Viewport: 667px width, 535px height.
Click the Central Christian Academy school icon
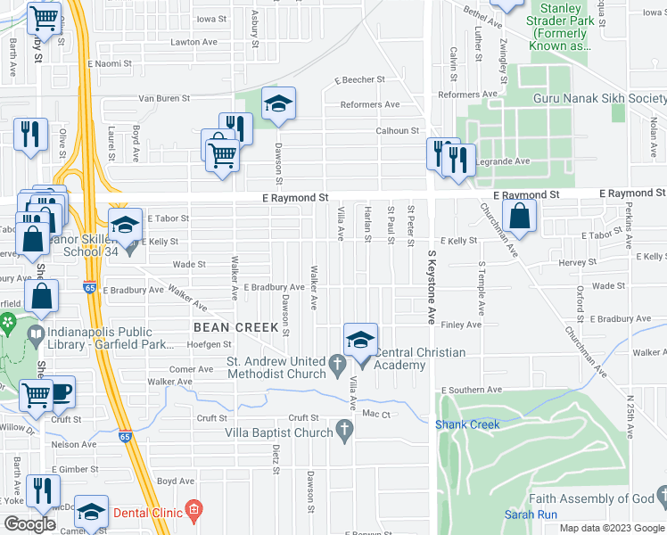360,341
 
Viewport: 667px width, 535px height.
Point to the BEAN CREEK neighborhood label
237,327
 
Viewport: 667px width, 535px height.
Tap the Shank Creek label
467,424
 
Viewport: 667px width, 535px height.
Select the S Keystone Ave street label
431,285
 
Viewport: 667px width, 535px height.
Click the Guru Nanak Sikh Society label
599,98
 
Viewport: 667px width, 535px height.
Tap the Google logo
29,524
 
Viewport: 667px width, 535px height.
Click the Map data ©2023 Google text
612,528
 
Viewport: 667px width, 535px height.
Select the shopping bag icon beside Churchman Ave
518,217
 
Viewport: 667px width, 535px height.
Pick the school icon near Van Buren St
278,106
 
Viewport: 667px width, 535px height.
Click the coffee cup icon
60,392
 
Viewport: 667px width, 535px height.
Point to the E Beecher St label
359,79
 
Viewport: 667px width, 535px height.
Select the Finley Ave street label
461,325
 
